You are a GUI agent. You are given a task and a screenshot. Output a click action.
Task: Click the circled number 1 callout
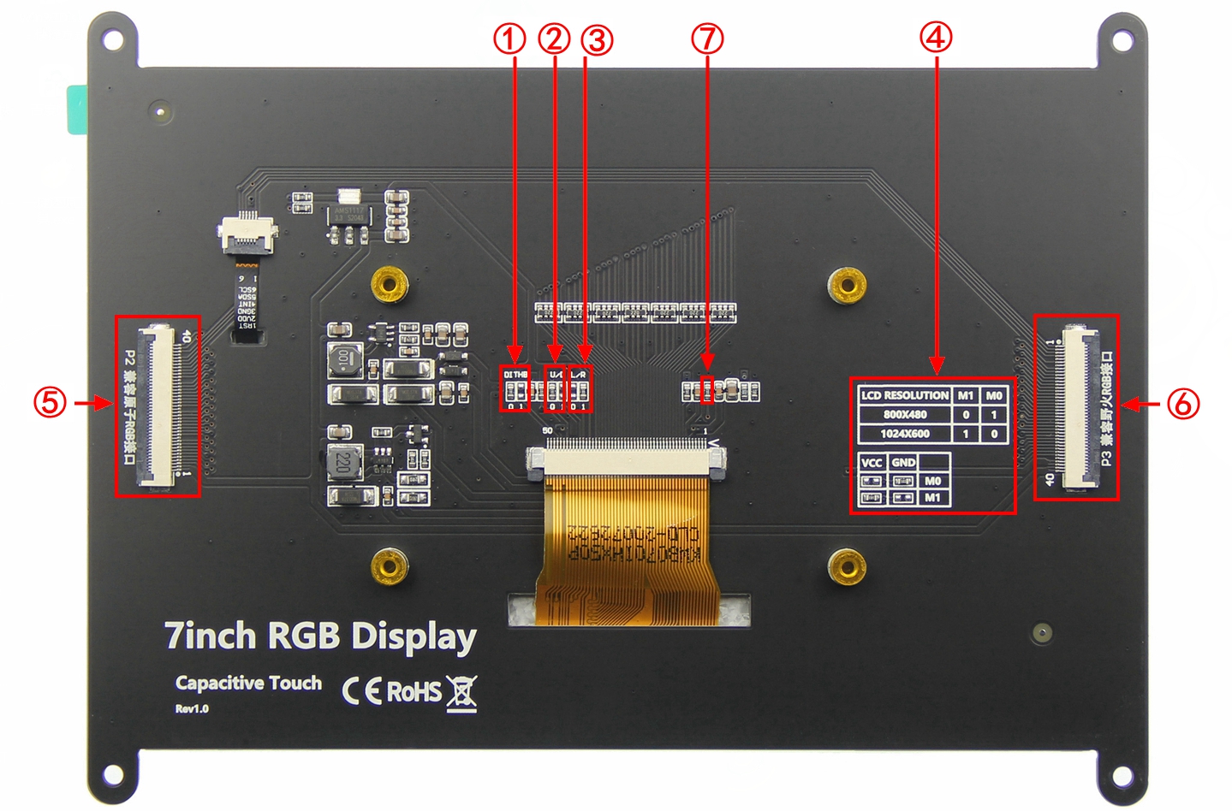point(509,38)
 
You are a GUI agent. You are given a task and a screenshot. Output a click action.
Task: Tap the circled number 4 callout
point(936,37)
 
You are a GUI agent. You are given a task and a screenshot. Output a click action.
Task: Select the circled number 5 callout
point(50,402)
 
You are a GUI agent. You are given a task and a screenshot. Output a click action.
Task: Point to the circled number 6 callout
point(1183,403)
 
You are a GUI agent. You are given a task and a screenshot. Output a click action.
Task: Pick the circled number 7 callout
point(707,38)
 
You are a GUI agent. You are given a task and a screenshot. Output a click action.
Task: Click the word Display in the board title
point(414,637)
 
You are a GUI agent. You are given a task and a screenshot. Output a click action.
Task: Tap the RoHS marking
point(414,691)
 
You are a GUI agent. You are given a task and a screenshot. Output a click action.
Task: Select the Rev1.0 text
point(192,708)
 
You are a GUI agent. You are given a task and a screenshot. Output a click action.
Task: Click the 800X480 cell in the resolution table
point(905,415)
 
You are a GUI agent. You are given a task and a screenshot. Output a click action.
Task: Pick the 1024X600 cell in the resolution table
point(905,434)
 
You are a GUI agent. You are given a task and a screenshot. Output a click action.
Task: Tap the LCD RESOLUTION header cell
point(905,395)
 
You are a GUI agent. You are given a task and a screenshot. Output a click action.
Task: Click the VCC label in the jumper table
point(872,463)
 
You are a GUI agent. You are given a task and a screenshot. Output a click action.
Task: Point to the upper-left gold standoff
point(389,283)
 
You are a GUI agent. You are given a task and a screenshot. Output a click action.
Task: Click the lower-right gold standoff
point(847,565)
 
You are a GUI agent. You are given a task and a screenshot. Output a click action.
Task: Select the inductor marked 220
point(344,463)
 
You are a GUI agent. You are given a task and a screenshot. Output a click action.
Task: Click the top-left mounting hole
point(113,38)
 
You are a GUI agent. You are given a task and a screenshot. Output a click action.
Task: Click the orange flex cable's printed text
point(634,543)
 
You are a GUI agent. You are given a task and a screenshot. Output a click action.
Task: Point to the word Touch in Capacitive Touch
point(295,683)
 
